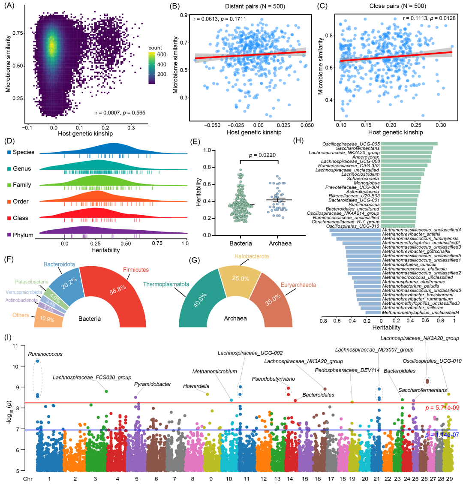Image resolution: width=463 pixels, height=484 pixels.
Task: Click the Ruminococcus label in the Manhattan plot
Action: (x=45, y=354)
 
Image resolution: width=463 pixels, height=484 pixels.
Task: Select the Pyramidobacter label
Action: (x=153, y=385)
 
